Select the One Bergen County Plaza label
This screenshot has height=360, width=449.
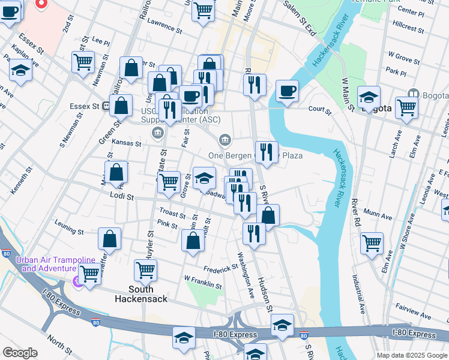255,156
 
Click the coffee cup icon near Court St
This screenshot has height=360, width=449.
287,91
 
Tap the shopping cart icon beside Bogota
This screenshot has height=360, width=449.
406,108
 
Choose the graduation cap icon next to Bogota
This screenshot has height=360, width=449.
368,97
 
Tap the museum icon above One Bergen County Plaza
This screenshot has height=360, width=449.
224,140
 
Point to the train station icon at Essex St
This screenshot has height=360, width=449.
106,106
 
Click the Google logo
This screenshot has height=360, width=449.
20,353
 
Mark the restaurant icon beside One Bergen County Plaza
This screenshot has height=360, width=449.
266,152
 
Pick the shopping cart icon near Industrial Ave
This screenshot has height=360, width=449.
372,243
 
